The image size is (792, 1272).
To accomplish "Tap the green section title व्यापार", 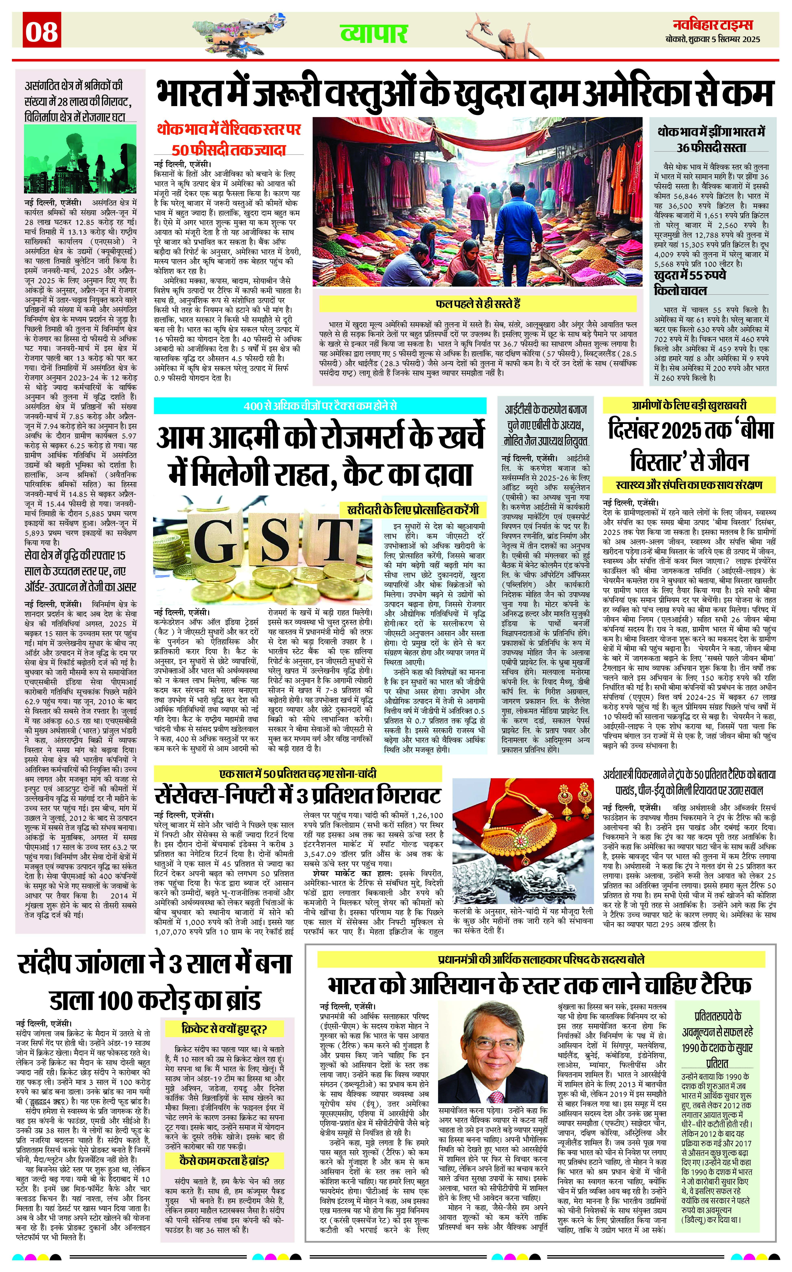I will (373, 33).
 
